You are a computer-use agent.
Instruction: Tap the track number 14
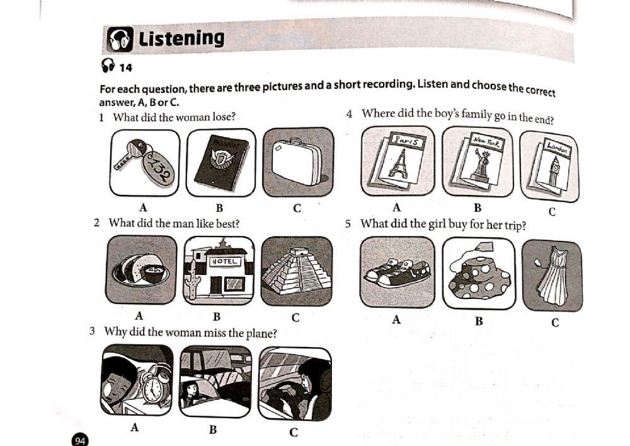tap(125, 67)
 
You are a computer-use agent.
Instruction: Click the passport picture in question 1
tap(220, 163)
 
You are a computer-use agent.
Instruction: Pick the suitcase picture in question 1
tap(298, 162)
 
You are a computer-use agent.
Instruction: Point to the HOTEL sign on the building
tap(225, 261)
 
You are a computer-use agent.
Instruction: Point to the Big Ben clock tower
tap(554, 171)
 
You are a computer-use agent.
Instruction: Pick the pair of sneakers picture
tap(397, 273)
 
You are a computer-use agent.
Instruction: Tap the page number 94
tap(80, 440)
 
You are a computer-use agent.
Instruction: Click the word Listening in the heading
tap(181, 38)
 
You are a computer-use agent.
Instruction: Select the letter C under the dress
tap(554, 323)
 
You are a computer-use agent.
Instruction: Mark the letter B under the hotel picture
tap(216, 316)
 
